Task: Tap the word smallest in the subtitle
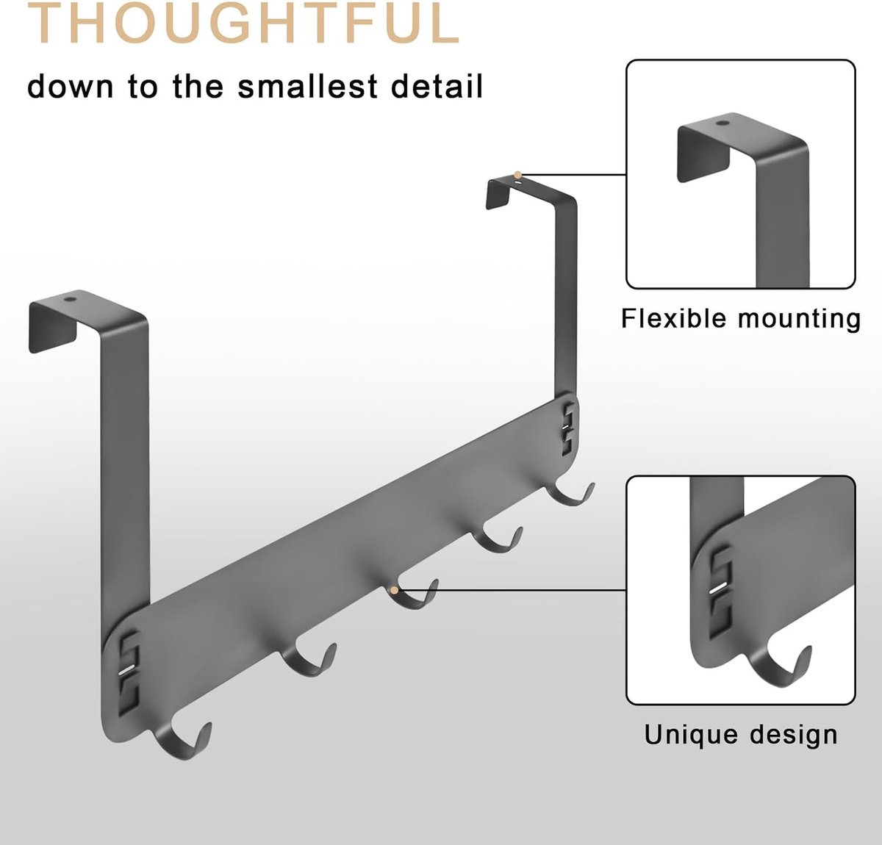(307, 86)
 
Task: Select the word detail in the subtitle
(437, 86)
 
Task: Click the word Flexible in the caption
(676, 318)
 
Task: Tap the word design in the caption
(793, 736)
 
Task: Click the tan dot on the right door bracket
(517, 175)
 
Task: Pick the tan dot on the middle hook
(394, 590)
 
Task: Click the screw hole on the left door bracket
(69, 300)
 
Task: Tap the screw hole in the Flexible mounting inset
(720, 123)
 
